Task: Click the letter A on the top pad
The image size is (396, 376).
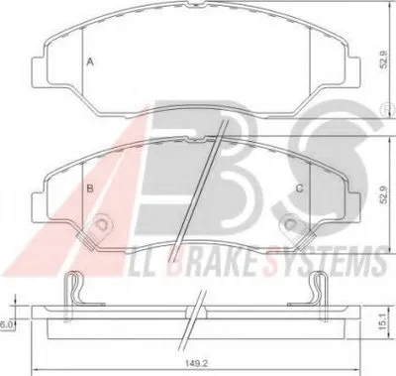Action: coord(90,62)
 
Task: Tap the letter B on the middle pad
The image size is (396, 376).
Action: coord(90,188)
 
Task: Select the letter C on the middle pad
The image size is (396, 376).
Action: coord(299,188)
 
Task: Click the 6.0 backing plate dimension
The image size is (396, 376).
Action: coord(6,324)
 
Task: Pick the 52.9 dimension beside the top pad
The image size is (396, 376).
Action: coord(383,61)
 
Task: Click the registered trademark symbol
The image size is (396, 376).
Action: coord(390,109)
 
